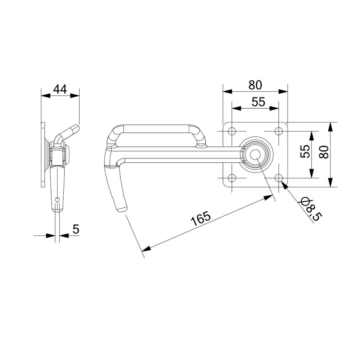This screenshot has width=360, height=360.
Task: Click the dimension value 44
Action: [x=60, y=89]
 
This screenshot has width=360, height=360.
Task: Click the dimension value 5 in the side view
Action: [x=76, y=229]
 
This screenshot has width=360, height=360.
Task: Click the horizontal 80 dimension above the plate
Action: [x=255, y=85]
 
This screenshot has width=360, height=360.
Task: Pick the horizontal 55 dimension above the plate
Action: [x=258, y=102]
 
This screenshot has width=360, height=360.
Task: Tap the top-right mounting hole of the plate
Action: [x=279, y=131]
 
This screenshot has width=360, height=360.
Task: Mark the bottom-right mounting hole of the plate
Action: [x=279, y=178]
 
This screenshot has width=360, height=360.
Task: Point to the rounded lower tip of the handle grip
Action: [x=121, y=209]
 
